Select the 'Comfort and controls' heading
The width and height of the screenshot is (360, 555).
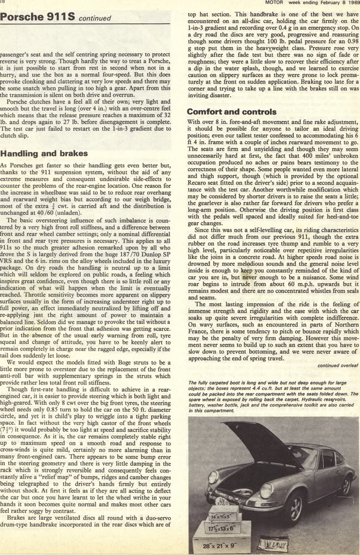tap(224, 112)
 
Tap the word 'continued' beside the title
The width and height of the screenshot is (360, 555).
tap(95, 18)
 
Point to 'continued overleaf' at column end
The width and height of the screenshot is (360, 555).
tap(338, 366)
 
